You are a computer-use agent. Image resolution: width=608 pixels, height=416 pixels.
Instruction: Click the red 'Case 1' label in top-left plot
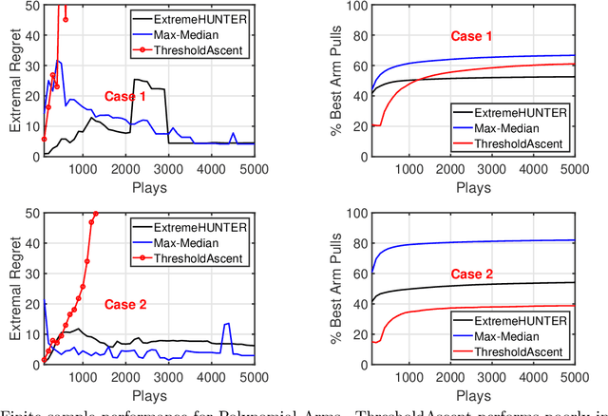pos(124,97)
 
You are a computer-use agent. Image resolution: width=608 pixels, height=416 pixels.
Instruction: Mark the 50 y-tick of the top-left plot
pos(32,7)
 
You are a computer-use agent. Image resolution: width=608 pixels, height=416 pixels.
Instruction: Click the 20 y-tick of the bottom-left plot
pos(32,303)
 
